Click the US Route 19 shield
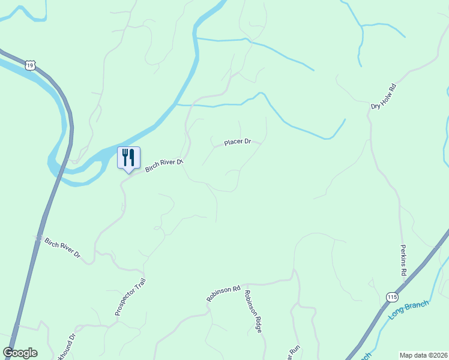point(31,64)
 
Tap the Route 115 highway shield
point(392,297)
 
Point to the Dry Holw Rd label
point(385,97)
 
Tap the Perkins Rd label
point(404,260)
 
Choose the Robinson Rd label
point(223,293)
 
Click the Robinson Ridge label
point(253,311)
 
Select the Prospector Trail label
point(130,296)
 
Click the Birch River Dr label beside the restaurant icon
point(164,165)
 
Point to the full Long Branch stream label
point(409,310)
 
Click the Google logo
point(20,353)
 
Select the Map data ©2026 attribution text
point(423,355)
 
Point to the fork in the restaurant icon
point(125,157)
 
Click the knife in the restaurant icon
point(132,157)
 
